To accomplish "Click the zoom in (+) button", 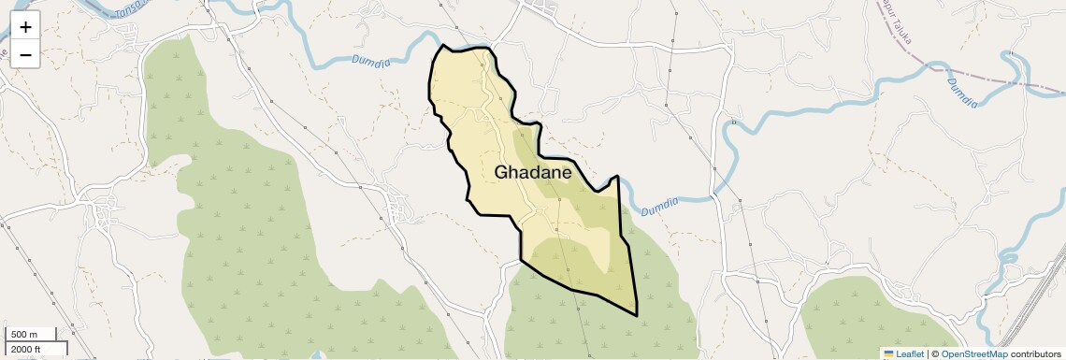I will (25, 27).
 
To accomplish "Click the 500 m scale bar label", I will (24, 335).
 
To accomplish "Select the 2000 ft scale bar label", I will (26, 349).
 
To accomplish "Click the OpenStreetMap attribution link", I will (973, 353).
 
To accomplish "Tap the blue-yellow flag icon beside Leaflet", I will (888, 353).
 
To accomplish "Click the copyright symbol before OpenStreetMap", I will (934, 353).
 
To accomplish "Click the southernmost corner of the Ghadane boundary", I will (637, 315).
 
